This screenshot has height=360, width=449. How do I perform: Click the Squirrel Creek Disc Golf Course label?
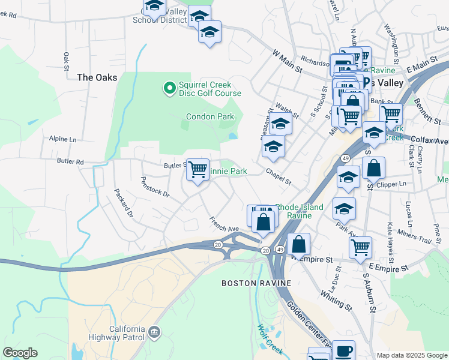[209, 89]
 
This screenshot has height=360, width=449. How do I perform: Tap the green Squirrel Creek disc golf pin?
[170, 89]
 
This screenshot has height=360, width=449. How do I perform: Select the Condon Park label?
[209, 117]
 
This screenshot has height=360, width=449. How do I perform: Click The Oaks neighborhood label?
[93, 77]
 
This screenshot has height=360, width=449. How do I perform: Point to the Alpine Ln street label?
[63, 139]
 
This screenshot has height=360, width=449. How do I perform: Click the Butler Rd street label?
[70, 162]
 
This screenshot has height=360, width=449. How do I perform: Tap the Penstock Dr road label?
[155, 187]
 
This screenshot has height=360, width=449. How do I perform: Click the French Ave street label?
[224, 224]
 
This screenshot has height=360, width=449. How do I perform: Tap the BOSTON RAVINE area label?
[256, 283]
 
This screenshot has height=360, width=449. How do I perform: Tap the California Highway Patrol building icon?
[155, 331]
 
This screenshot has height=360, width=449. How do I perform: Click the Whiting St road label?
[336, 295]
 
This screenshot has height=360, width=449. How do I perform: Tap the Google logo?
[20, 353]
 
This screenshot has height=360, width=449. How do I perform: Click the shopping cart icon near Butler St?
[197, 170]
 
